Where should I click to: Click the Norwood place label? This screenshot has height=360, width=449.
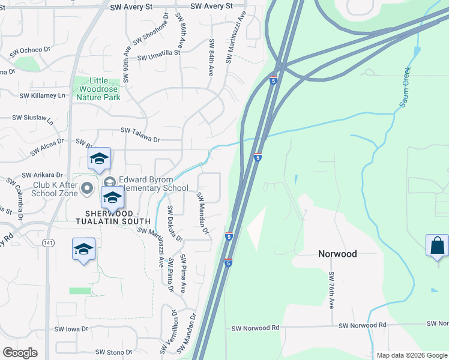tap(337, 254)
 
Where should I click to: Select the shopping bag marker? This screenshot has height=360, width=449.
tap(437, 246)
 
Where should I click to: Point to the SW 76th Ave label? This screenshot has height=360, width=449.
tap(331, 290)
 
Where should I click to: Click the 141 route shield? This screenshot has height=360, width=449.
tap(49, 243)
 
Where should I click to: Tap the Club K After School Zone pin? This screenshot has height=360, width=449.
tap(87, 189)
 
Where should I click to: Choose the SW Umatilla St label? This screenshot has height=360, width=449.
tap(159, 58)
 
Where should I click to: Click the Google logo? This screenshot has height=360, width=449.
tap(20, 353)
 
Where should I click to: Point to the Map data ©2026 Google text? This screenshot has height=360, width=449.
tap(411, 355)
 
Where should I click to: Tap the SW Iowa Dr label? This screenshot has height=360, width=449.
tap(71, 329)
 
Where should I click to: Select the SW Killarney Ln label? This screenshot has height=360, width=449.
tap(42, 95)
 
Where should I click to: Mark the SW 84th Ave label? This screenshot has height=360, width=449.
tap(211, 58)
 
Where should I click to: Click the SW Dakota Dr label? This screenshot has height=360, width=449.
tap(174, 222)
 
